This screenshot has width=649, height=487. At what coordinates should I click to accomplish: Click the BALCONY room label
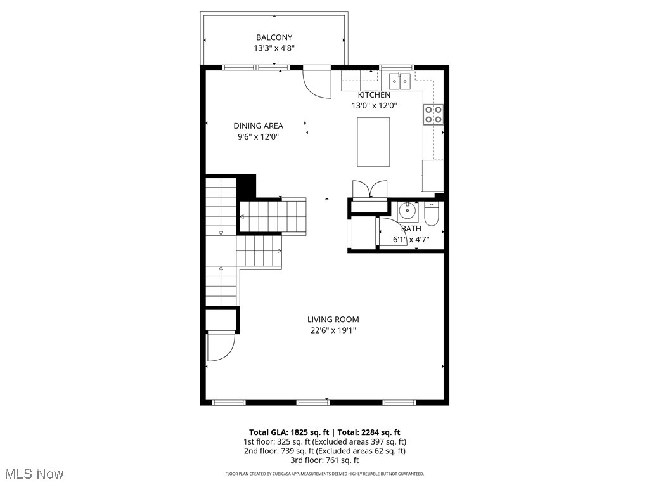click(274, 37)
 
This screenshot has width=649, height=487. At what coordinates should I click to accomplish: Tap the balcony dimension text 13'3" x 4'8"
click(274, 48)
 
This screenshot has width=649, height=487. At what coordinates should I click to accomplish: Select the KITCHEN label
click(374, 95)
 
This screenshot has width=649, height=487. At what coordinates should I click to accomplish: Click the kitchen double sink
click(400, 81)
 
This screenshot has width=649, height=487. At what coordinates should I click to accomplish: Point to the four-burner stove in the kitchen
click(434, 114)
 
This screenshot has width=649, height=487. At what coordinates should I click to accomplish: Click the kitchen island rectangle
click(373, 141)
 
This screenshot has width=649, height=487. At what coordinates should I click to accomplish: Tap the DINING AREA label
click(258, 126)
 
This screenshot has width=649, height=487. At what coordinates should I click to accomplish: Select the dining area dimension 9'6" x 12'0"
click(258, 136)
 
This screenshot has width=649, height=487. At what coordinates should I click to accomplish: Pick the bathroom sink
click(407, 211)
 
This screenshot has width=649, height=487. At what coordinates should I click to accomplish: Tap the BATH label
click(411, 229)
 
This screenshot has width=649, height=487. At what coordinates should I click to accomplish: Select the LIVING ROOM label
click(333, 320)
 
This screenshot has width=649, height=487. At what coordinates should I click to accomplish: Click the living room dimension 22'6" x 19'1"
click(333, 330)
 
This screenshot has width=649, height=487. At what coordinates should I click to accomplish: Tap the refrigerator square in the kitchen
click(432, 176)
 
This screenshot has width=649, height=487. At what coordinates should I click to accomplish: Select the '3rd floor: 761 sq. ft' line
click(324, 460)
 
